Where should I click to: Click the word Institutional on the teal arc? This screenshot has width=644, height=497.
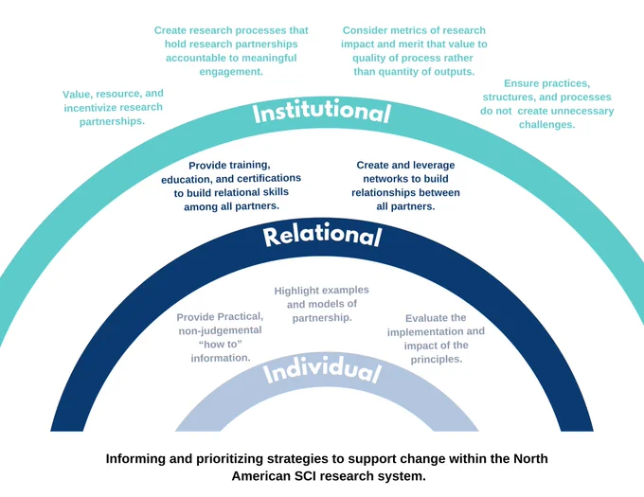pyautogui.click(x=321, y=113)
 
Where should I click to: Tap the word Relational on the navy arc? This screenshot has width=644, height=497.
pyautogui.click(x=322, y=236)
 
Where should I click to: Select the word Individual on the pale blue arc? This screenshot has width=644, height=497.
pyautogui.click(x=322, y=373)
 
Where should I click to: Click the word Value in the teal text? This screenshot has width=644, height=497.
pyautogui.click(x=78, y=95)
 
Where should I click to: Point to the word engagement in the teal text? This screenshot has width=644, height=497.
pyautogui.click(x=231, y=72)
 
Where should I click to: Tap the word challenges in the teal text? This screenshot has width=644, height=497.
pyautogui.click(x=546, y=125)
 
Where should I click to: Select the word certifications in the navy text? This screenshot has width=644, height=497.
pyautogui.click(x=269, y=179)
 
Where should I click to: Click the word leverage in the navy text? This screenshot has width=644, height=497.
pyautogui.click(x=435, y=166)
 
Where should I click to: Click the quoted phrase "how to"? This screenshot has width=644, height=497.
pyautogui.click(x=220, y=344)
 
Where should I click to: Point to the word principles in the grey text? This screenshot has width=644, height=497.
pyautogui.click(x=437, y=360)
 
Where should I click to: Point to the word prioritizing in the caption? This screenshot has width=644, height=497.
pyautogui.click(x=229, y=459)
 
